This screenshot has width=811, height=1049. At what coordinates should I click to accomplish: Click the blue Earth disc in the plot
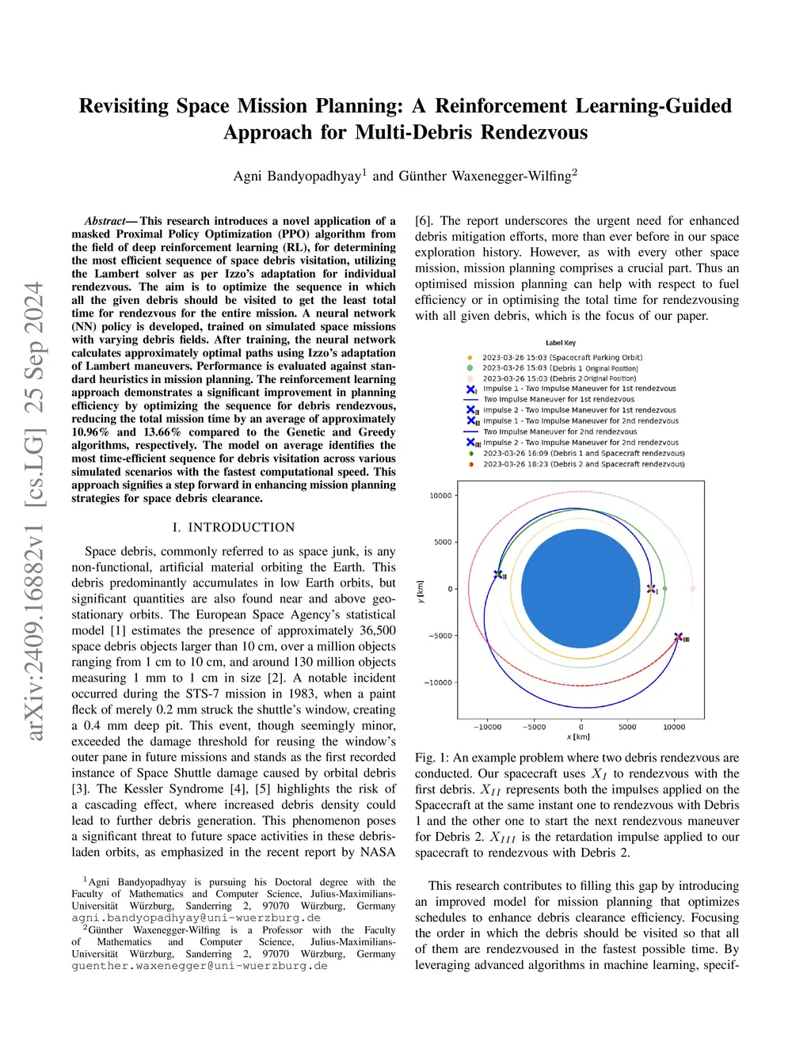pyautogui.click(x=581, y=589)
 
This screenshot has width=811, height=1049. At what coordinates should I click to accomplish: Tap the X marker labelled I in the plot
pyautogui.click(x=651, y=589)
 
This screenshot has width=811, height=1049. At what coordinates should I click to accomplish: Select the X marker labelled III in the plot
pyautogui.click(x=678, y=637)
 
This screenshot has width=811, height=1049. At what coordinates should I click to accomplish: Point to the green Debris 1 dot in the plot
pyautogui.click(x=664, y=589)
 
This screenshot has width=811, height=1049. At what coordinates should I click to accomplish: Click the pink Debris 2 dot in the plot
pyautogui.click(x=693, y=588)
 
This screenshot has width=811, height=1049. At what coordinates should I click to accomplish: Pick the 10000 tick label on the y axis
pyautogui.click(x=440, y=496)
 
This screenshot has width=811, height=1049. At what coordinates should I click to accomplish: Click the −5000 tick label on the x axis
pyautogui.click(x=535, y=727)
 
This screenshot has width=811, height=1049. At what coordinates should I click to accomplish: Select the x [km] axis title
pyautogui.click(x=578, y=737)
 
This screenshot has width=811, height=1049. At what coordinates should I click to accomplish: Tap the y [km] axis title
pyautogui.click(x=421, y=591)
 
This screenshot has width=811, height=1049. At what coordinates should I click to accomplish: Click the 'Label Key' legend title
pyautogui.click(x=561, y=343)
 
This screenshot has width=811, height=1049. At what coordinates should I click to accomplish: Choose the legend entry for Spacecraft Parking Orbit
pyautogui.click(x=562, y=358)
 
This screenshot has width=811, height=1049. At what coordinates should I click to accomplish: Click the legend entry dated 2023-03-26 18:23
pyautogui.click(x=584, y=464)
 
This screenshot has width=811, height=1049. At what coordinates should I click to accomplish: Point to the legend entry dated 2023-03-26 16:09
pyautogui.click(x=584, y=454)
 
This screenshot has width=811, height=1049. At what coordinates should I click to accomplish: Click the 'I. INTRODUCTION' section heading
pyautogui.click(x=234, y=527)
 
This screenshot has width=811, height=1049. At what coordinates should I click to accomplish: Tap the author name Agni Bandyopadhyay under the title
pyautogui.click(x=298, y=176)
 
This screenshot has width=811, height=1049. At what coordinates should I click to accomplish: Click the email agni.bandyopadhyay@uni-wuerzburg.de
pyautogui.click(x=196, y=918)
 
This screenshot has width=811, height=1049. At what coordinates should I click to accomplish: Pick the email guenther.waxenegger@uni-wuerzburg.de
pyautogui.click(x=200, y=966)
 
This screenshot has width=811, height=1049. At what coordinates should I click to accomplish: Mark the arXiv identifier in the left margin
pyautogui.click(x=34, y=511)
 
